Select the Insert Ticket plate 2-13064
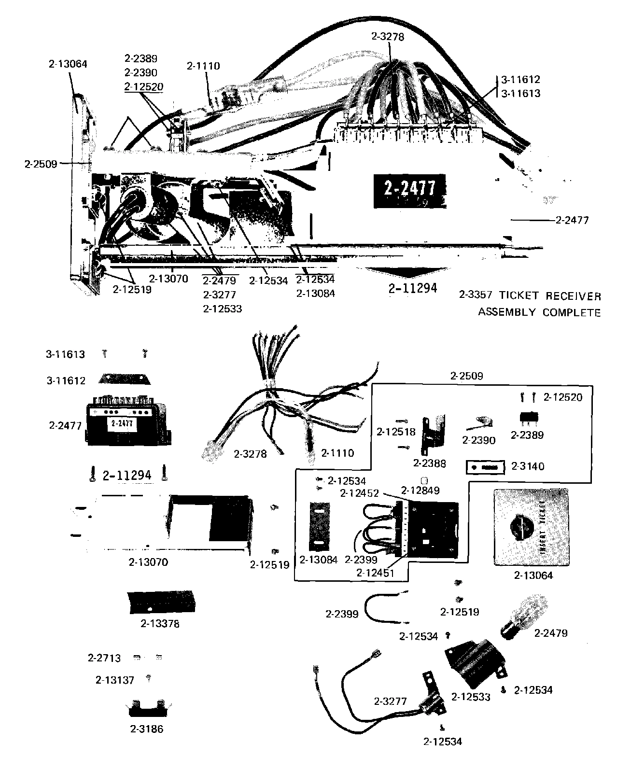coord(531,527)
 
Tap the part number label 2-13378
coord(160,623)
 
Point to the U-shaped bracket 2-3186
coord(147,709)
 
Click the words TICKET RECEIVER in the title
coord(550,296)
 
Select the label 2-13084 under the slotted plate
coord(319,560)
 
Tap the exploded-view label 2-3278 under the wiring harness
coord(250,453)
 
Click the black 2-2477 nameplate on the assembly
coord(409,189)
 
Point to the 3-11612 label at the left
coord(66,380)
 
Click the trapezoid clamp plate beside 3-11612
coord(125,379)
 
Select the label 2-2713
coord(104,658)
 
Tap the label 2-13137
coord(115,680)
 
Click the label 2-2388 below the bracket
coord(430,463)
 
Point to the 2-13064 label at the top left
coord(68,64)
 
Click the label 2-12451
coord(376,573)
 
